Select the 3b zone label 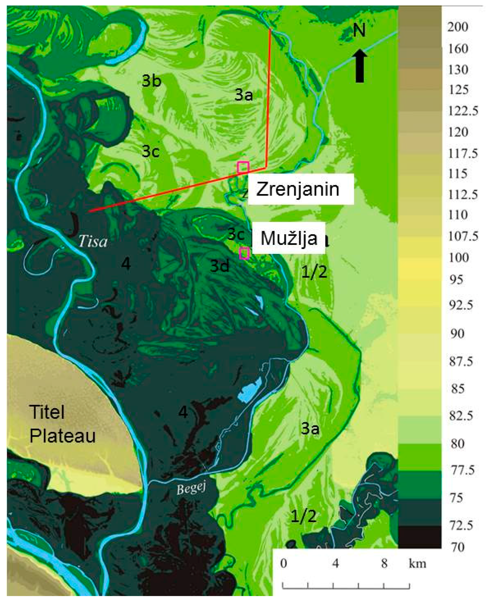coord(151,81)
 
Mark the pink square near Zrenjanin coord(243,168)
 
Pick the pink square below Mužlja coord(244,253)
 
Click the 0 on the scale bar coord(283,563)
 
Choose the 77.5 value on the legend coord(462,470)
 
